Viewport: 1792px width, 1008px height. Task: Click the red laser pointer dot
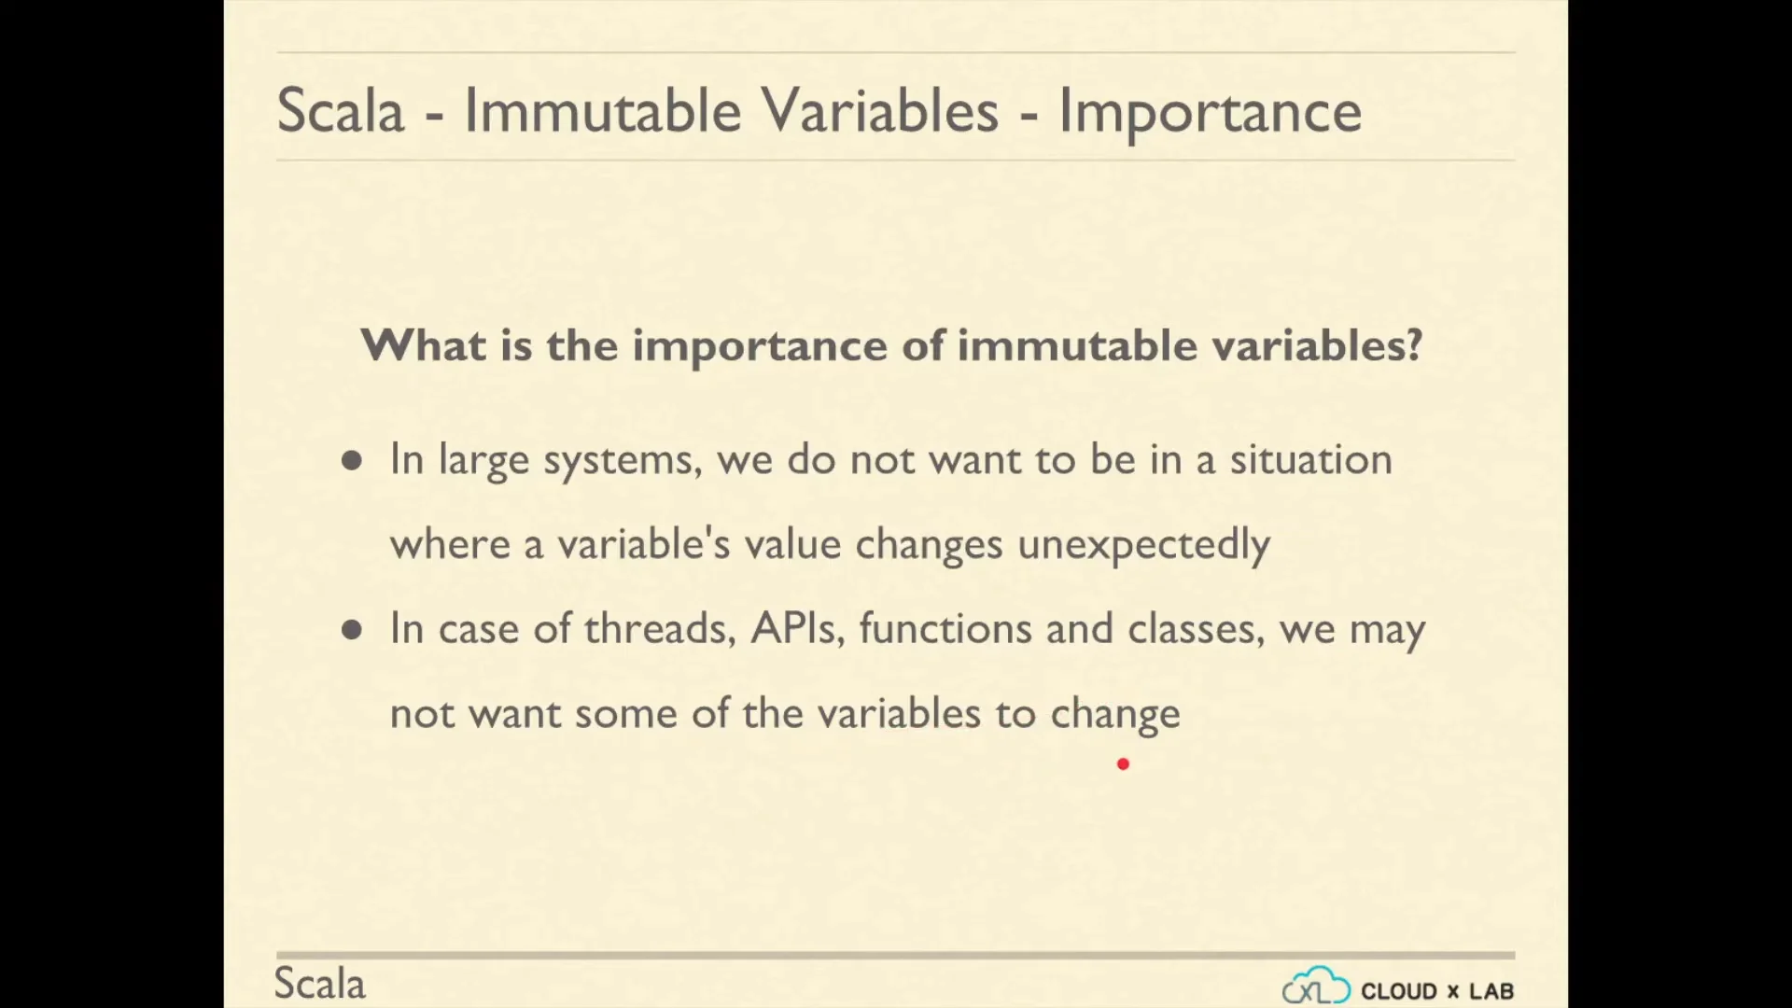coord(1123,764)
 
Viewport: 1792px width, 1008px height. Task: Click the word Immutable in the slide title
coord(602,111)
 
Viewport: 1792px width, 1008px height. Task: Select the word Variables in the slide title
coord(880,111)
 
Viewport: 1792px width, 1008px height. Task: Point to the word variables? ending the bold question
coord(1317,344)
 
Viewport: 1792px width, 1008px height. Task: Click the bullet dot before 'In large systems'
coord(352,460)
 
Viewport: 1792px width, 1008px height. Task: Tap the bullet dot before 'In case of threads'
coord(352,630)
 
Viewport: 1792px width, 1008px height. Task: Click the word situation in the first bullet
coord(1310,459)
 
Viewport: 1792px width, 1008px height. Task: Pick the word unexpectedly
coord(1143,545)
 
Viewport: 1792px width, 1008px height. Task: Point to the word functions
coord(945,628)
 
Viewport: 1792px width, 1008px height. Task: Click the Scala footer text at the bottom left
coord(319,984)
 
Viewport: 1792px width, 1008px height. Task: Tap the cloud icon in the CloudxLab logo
coord(1316,986)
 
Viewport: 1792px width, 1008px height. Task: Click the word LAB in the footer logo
coord(1491,991)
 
